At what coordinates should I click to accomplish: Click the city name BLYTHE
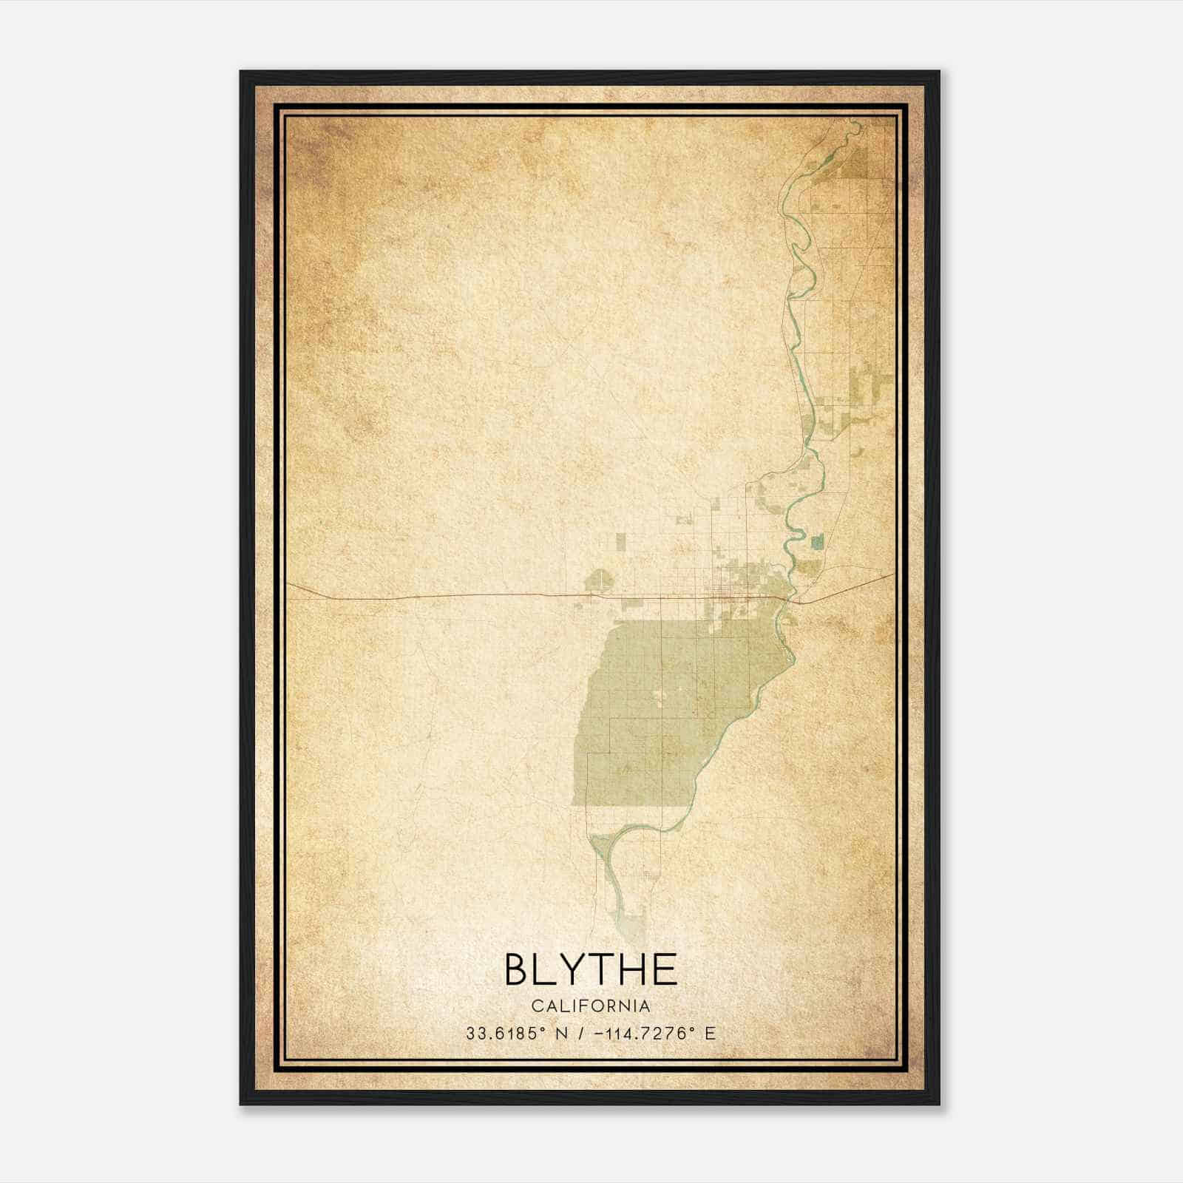[x=591, y=969]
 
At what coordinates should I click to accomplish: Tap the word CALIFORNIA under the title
[x=591, y=1006]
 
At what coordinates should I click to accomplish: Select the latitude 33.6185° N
[x=517, y=1033]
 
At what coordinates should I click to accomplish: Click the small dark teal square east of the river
[x=816, y=542]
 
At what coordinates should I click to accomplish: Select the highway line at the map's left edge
[x=291, y=584]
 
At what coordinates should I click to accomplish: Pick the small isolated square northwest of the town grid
[x=620, y=542]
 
